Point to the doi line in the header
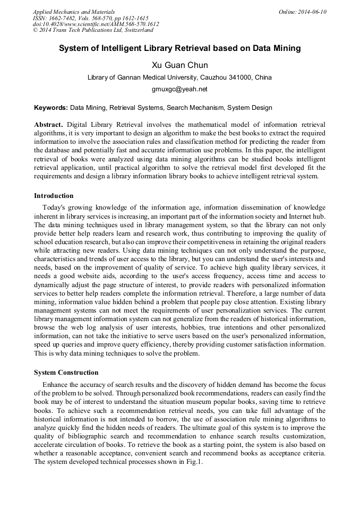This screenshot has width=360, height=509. point(96,24)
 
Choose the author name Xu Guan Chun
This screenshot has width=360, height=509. point(179,65)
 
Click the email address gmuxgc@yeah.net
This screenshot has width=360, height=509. point(179,89)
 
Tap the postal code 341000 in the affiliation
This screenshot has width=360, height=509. point(229,77)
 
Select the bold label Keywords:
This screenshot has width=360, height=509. point(51,108)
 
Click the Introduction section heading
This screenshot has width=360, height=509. point(54,196)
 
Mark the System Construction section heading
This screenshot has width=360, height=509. point(66,373)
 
